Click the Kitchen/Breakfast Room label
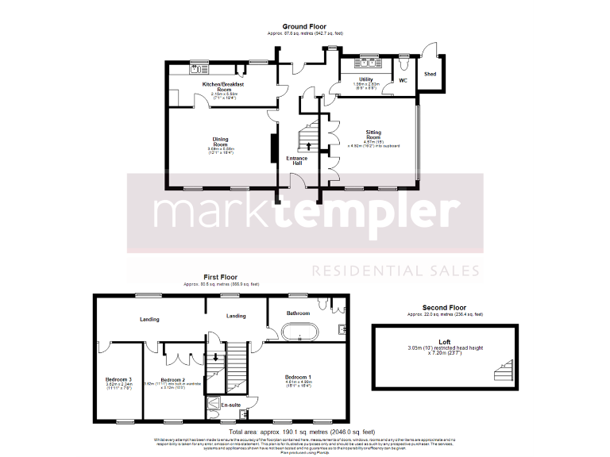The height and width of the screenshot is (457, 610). click(222, 86)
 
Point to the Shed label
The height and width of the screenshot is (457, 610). click(430, 74)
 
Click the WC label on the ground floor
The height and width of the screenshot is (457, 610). click(403, 80)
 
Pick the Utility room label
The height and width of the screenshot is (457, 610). click(365, 79)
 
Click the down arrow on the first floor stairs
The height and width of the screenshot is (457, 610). click(214, 357)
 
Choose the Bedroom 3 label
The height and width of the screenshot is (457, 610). click(118, 379)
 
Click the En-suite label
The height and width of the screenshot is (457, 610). click(230, 405)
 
